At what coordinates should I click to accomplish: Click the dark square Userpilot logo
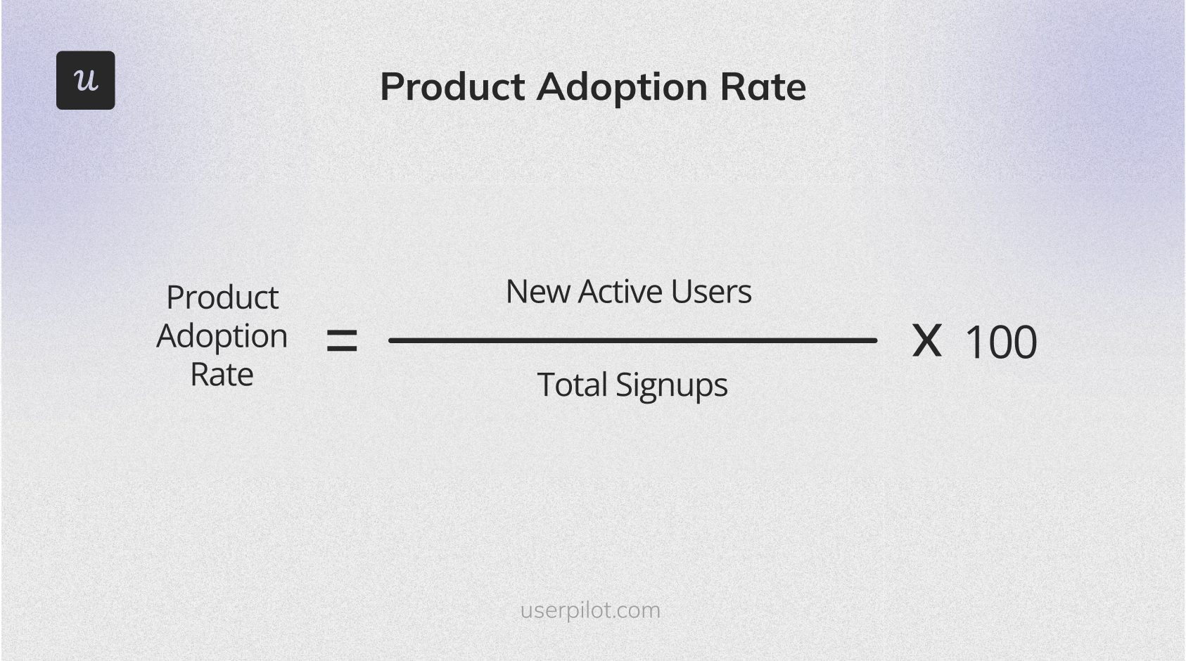click(85, 80)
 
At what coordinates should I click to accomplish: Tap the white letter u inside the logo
click(86, 80)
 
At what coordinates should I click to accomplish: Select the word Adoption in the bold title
click(623, 87)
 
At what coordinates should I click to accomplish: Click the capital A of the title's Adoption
click(553, 87)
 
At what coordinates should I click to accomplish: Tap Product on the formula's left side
click(222, 298)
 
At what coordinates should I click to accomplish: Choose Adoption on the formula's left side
click(222, 336)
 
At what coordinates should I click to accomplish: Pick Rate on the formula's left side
click(222, 374)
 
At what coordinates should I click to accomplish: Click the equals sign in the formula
click(342, 342)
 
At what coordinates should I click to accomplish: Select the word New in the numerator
click(538, 291)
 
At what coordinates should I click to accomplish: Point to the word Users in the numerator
click(710, 291)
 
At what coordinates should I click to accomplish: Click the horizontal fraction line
click(632, 340)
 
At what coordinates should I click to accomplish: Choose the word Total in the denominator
click(572, 385)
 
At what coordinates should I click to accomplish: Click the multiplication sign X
click(926, 341)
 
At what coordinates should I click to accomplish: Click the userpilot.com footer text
click(590, 610)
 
